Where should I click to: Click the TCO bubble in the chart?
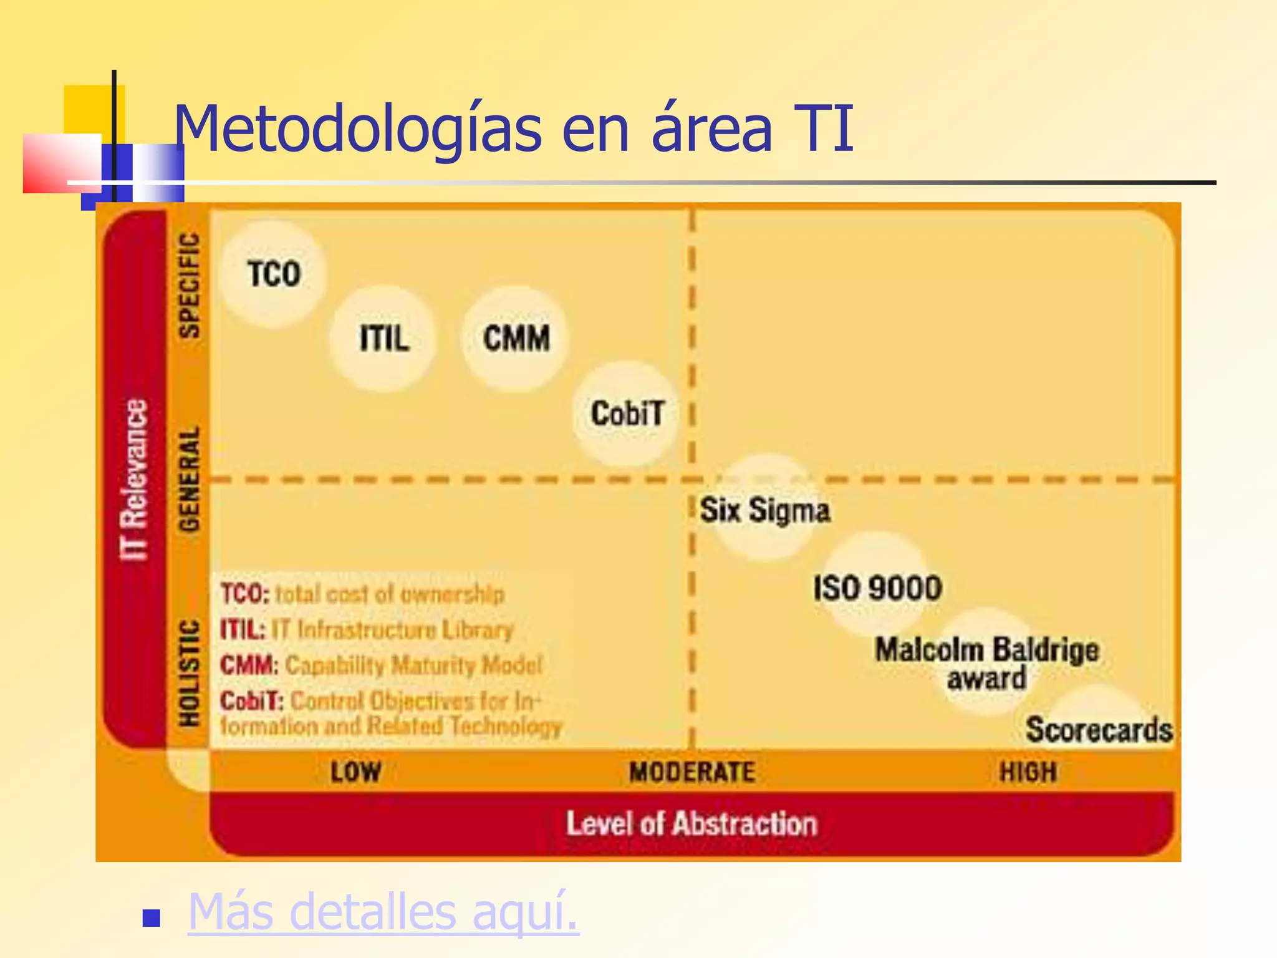[274, 274]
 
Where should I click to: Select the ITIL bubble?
[383, 339]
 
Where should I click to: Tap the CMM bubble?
[516, 339]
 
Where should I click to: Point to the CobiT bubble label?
[627, 414]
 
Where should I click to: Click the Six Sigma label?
[764, 510]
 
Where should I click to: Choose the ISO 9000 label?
[877, 588]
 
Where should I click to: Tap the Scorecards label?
[1099, 730]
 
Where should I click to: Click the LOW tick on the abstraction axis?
[355, 772]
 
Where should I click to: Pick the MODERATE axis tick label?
[692, 772]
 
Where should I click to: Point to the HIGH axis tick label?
[1028, 772]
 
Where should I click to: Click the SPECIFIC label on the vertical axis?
[190, 286]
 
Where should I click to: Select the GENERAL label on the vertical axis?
[190, 479]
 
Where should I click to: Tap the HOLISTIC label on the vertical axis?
[190, 673]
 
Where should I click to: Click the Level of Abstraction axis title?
[692, 824]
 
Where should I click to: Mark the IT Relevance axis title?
[134, 480]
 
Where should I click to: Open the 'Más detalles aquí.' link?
[383, 912]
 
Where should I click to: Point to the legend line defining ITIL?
[367, 630]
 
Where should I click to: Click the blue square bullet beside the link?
[152, 918]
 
